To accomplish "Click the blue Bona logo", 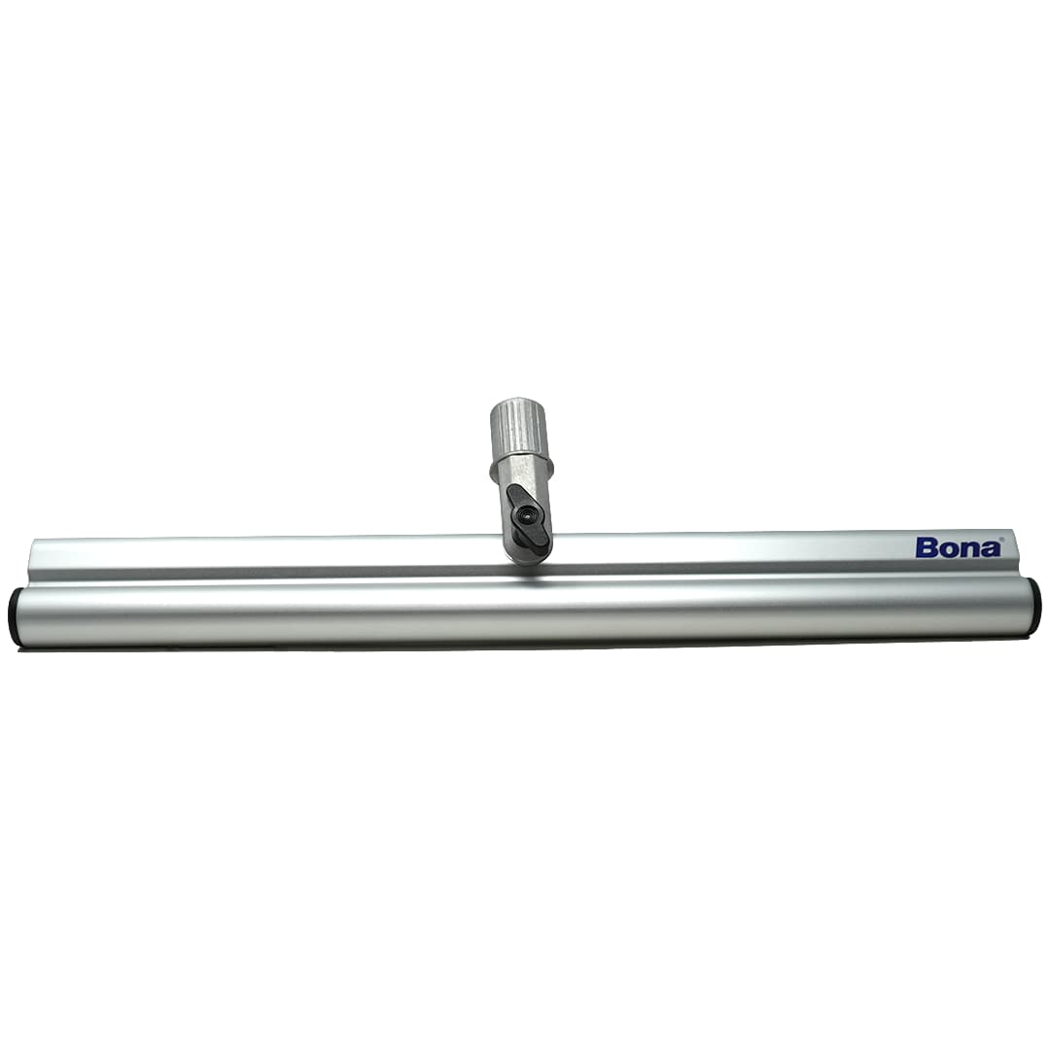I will pyautogui.click(x=958, y=547).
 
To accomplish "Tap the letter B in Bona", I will pyautogui.click(x=925, y=547).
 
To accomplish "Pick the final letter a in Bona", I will pyautogui.click(x=989, y=549).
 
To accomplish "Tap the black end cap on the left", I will pyautogui.click(x=15, y=616).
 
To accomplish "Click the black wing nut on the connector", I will pyautogui.click(x=526, y=515).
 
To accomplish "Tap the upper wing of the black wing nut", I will pyautogui.click(x=516, y=496).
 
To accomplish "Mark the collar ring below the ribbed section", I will pyautogui.click(x=521, y=464).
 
